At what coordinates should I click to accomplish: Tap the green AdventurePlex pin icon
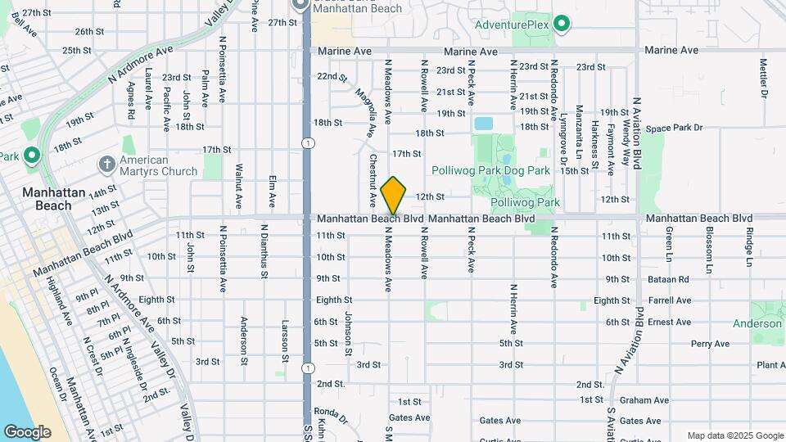[x=561, y=24]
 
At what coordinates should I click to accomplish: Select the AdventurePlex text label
[x=518, y=25]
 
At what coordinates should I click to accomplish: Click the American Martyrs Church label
[x=159, y=165]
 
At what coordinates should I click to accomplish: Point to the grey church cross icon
[x=106, y=165]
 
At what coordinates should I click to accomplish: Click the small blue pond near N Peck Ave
[x=483, y=124]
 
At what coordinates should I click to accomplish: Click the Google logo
[x=27, y=432]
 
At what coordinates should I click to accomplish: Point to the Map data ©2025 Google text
[x=734, y=435]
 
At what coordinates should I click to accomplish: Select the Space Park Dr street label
[x=674, y=129]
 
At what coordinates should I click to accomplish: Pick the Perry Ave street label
[x=710, y=344]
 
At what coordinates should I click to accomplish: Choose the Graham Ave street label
[x=644, y=400]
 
